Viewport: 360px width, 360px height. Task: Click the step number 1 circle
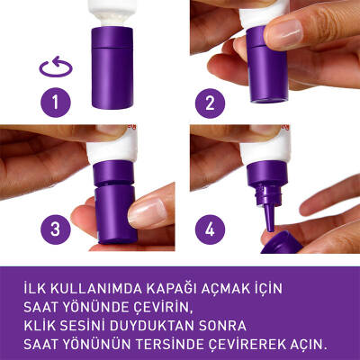coord(58,103)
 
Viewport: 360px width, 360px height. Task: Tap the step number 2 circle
coord(211,103)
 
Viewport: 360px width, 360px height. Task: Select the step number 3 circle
coord(58,228)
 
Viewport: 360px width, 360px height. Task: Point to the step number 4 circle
coord(211,228)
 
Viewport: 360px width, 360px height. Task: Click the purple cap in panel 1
coord(117,68)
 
